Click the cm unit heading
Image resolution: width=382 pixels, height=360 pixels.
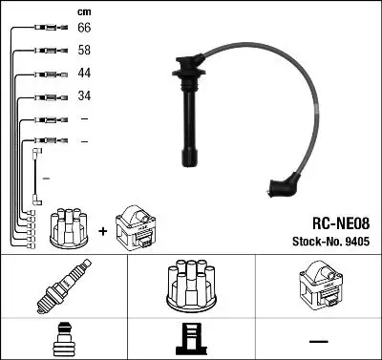83,11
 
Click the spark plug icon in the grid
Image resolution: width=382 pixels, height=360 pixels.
63,287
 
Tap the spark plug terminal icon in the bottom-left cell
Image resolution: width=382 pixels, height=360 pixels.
63,339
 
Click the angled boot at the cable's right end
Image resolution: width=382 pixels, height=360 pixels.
285,184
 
